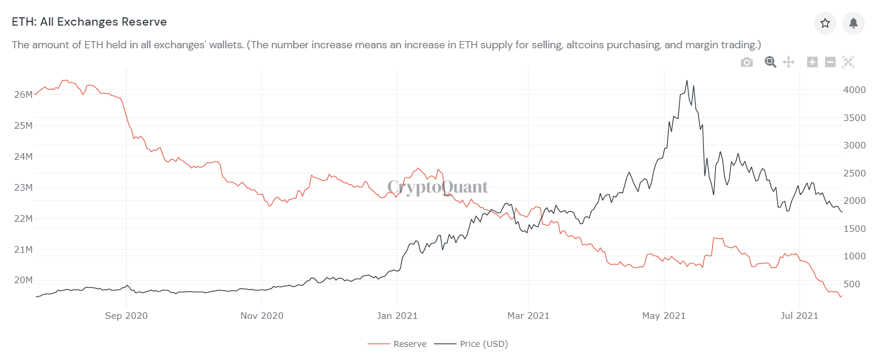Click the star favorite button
[x=825, y=23]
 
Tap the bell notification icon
[x=854, y=23]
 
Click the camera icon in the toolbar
[x=746, y=62]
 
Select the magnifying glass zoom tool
[x=770, y=62]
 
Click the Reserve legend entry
[x=409, y=344]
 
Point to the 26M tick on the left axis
[x=23, y=95]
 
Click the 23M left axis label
[x=23, y=188]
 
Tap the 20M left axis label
[x=23, y=280]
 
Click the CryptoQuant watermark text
[x=437, y=187]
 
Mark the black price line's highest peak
[x=687, y=80]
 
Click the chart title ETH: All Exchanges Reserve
[x=89, y=22]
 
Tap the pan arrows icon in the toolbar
[x=789, y=62]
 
